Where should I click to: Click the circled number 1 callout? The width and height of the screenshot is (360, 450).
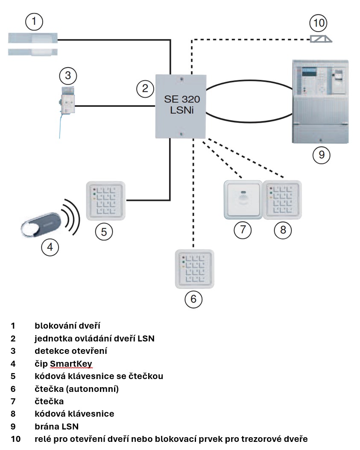(35, 21)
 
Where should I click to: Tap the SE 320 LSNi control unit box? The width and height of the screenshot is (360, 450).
(181, 106)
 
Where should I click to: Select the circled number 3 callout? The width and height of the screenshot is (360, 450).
(68, 77)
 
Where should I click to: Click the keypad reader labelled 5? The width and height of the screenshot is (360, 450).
(106, 200)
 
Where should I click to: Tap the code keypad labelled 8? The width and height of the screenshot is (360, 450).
(282, 200)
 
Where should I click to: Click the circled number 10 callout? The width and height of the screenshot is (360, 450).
(319, 23)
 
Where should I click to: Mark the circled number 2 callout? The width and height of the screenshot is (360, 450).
(145, 88)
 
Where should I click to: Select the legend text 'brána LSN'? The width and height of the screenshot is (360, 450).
(57, 426)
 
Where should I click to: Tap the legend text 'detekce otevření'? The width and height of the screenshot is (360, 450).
(70, 351)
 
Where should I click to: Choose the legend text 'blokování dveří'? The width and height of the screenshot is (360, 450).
(68, 326)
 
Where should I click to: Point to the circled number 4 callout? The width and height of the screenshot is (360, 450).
(50, 247)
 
